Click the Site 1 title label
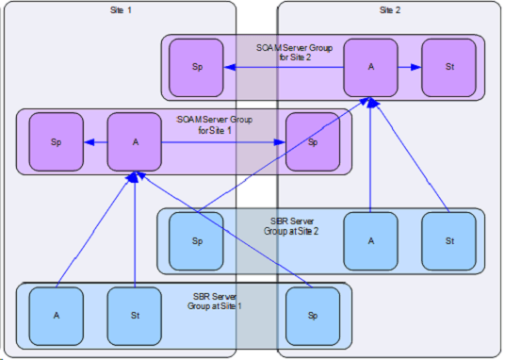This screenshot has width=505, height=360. click(x=121, y=10)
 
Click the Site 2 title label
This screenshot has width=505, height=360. click(x=390, y=10)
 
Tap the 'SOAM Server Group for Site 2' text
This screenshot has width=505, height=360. click(x=295, y=53)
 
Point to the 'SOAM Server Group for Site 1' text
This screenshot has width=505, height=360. click(x=215, y=125)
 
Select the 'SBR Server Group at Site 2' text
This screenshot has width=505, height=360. click(x=291, y=226)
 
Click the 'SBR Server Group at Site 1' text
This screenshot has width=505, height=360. click(x=215, y=302)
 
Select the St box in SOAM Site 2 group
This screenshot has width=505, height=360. click(x=449, y=68)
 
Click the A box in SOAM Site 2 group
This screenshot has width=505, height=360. click(x=370, y=68)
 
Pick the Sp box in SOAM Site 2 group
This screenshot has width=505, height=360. click(x=196, y=68)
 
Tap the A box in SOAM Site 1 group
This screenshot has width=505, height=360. click(x=135, y=141)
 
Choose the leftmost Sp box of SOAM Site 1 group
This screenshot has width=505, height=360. click(x=57, y=141)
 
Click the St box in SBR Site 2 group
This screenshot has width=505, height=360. click(x=449, y=241)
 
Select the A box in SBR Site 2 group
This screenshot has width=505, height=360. click(x=370, y=241)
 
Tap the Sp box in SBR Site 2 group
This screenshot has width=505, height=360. click(x=196, y=241)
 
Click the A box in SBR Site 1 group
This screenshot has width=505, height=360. click(x=57, y=316)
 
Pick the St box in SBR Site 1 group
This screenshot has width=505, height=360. click(x=135, y=316)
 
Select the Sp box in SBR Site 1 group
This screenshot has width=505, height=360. click(x=313, y=316)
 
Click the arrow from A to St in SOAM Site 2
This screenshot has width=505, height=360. click(x=410, y=67)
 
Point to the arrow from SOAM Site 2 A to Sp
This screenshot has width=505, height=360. click(x=284, y=67)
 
